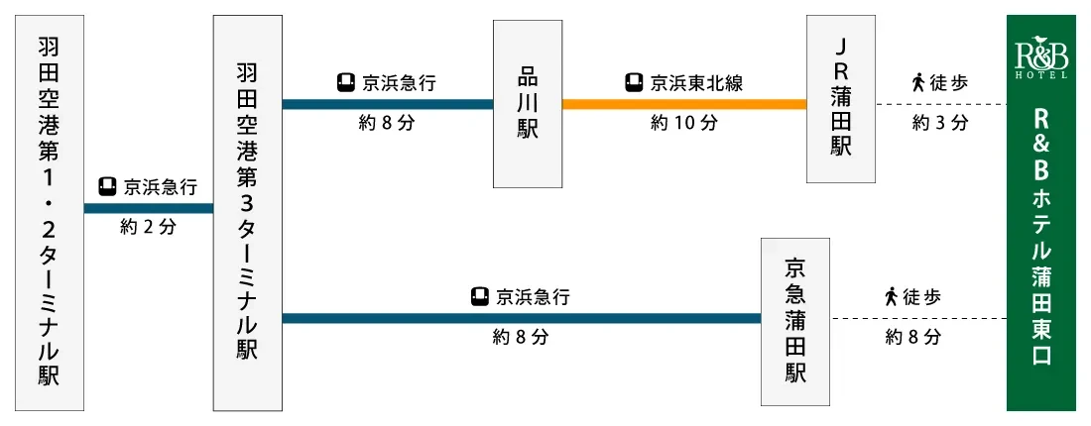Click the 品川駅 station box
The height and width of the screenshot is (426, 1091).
point(528,104)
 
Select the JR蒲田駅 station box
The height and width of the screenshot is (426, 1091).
point(841,99)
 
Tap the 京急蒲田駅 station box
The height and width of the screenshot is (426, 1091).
point(795,322)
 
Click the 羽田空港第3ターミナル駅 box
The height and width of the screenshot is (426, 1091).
point(248,213)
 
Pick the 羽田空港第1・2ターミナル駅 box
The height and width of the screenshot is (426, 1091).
point(50,213)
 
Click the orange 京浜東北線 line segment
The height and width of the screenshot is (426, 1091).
point(684,104)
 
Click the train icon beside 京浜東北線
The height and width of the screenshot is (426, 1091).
point(633,83)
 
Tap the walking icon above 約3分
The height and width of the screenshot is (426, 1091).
point(917,83)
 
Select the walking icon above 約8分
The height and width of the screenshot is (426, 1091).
point(891,297)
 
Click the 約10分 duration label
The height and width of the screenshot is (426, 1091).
point(684,123)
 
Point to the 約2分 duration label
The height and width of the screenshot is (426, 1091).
point(148,227)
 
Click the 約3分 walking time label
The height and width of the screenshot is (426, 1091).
point(940,123)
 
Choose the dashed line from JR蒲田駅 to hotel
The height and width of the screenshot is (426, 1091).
point(941,104)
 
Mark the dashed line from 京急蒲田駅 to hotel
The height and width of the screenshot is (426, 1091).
point(918,318)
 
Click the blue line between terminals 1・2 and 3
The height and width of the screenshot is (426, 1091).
point(148,208)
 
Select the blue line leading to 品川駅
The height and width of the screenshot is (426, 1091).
point(388,104)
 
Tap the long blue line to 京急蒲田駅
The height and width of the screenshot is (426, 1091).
point(521,318)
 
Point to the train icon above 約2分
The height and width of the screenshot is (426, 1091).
point(107,187)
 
